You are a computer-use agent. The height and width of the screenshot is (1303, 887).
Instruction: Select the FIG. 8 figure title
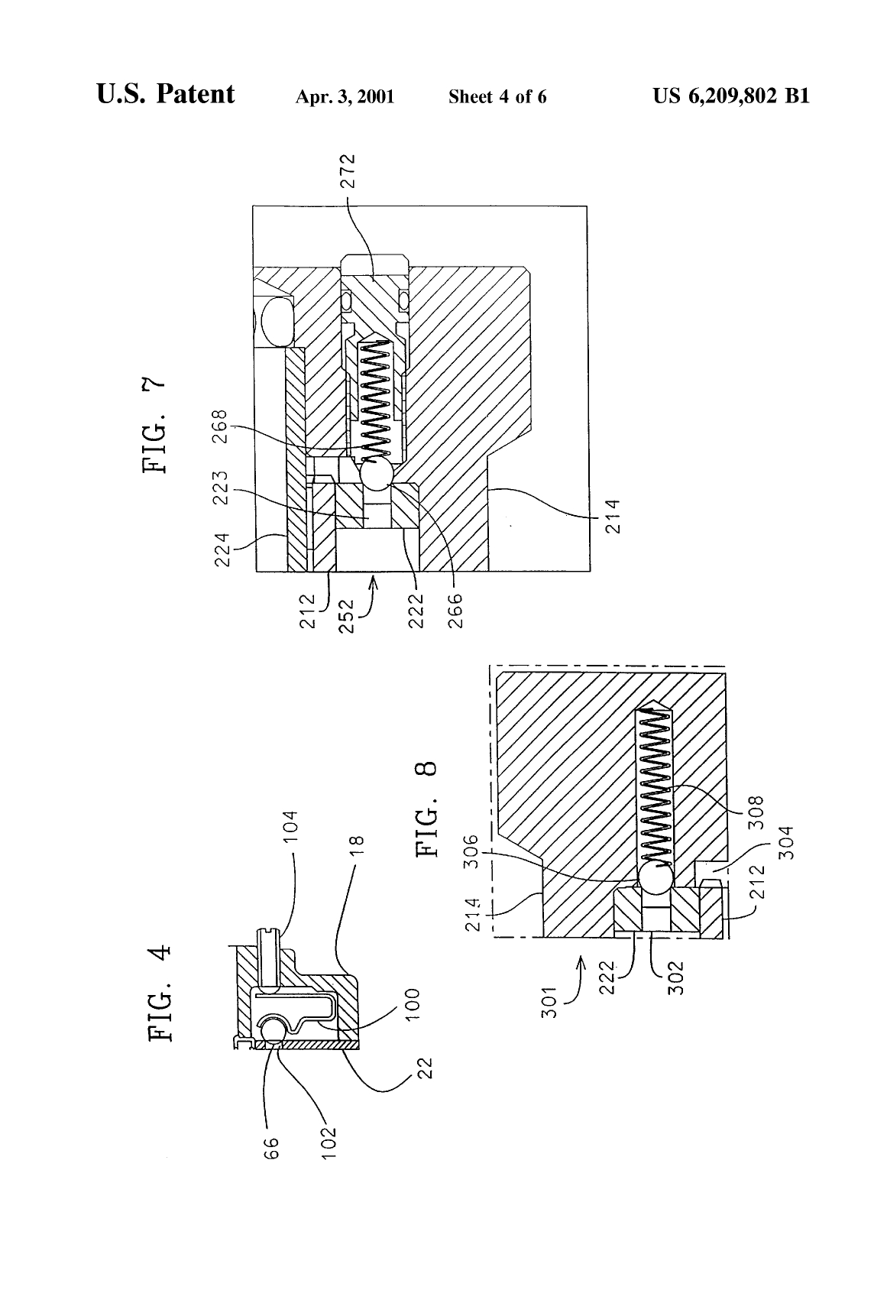(428, 808)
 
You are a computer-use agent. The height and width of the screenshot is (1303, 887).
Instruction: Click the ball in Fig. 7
(376, 476)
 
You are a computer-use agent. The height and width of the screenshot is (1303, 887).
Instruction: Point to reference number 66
(270, 1146)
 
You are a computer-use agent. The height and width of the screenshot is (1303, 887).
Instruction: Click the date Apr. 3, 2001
(345, 97)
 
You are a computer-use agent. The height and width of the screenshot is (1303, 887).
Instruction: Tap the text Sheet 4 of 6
(497, 97)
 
